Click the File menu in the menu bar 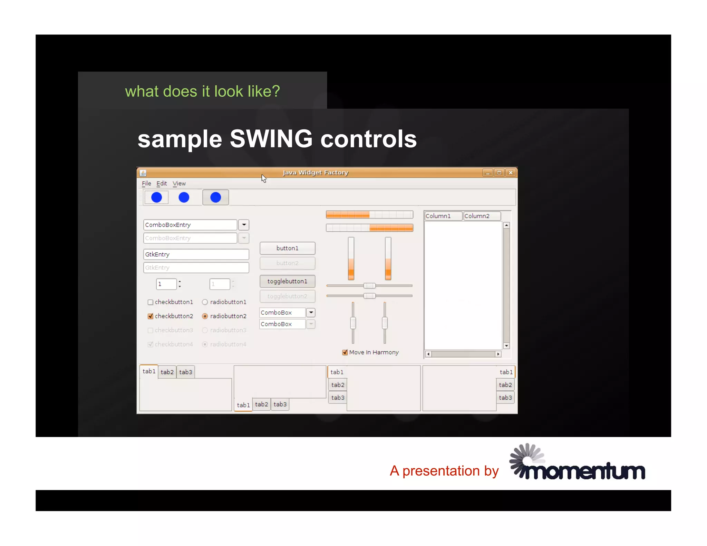146,183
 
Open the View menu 179,183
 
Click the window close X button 511,173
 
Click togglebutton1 287,281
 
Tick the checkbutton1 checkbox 151,302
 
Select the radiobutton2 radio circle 205,316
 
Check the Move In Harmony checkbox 345,352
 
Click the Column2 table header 481,216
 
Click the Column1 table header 443,216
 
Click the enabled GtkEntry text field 196,254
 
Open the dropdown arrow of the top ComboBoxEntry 244,225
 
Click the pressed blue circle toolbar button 215,197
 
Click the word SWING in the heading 271,139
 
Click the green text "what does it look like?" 202,91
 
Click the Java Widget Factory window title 315,173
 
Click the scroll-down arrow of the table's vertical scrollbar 506,346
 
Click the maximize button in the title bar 499,173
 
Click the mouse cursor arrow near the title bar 264,178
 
